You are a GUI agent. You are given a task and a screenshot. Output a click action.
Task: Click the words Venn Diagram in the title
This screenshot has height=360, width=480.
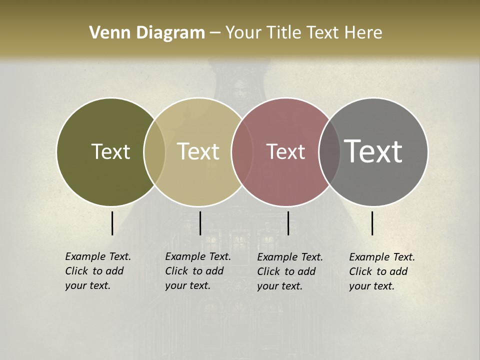147,33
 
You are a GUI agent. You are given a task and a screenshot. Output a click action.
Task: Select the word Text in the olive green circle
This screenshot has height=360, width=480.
110,151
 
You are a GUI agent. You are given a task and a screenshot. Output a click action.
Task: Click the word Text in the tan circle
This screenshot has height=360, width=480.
198,151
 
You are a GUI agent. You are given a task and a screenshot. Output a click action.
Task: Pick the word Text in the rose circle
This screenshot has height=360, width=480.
285,151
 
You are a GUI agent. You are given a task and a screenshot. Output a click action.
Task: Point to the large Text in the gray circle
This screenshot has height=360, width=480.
373,151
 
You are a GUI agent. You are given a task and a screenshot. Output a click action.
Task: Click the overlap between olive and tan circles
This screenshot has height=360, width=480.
154,151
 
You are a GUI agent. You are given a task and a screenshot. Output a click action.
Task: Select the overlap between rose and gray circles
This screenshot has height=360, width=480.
329,151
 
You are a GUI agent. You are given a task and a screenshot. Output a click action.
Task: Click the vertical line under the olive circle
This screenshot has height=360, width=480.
112,223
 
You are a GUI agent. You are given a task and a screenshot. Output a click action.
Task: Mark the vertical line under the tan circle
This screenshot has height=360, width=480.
200,223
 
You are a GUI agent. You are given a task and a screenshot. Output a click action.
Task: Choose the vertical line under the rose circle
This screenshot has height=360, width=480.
288,223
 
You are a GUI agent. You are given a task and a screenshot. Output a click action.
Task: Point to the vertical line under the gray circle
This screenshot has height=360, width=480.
372,223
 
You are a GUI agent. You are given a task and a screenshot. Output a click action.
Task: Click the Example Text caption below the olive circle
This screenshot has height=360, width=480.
98,271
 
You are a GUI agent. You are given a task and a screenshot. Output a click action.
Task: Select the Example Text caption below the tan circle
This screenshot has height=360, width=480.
198,271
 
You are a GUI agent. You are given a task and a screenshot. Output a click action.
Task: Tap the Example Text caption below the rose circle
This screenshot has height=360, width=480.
290,271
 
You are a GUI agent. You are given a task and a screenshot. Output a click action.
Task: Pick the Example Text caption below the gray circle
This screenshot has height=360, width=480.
382,271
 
